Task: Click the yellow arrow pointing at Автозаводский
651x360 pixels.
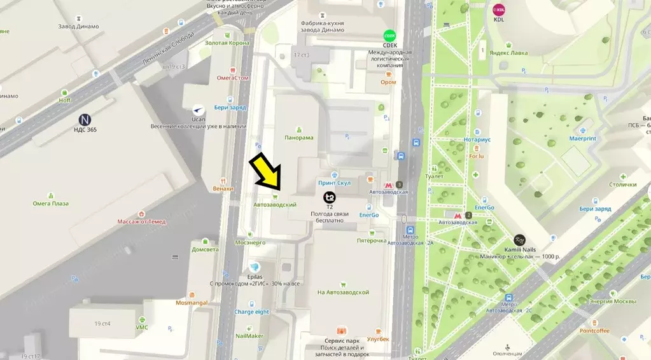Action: pyautogui.click(x=265, y=172)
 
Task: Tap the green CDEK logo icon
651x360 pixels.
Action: pyautogui.click(x=389, y=36)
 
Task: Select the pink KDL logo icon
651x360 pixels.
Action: pyautogui.click(x=498, y=10)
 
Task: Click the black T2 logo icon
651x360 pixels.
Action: pyautogui.click(x=329, y=197)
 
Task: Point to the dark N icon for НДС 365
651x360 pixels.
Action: pyautogui.click(x=85, y=119)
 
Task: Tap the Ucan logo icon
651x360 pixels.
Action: pyautogui.click(x=199, y=109)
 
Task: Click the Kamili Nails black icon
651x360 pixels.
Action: pyautogui.click(x=520, y=240)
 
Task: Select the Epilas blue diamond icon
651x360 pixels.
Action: pyautogui.click(x=255, y=267)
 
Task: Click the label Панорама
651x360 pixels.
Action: pyautogui.click(x=299, y=138)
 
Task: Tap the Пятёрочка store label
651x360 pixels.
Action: pyautogui.click(x=372, y=241)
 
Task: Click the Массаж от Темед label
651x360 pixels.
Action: pyautogui.click(x=141, y=222)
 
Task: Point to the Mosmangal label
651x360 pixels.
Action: pyautogui.click(x=192, y=303)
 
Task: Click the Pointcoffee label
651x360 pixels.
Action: pyautogui.click(x=594, y=331)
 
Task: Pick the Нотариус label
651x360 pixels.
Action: pyautogui.click(x=477, y=139)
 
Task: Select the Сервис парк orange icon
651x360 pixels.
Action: pyautogui.click(x=342, y=331)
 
